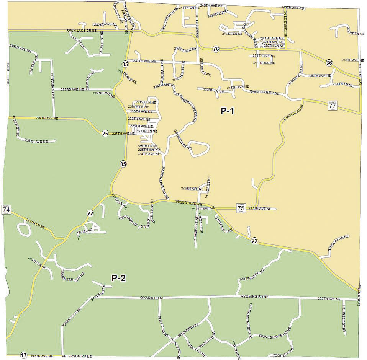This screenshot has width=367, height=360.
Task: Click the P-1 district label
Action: pos(227,111)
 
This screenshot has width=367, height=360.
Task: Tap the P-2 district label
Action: pos(118,278)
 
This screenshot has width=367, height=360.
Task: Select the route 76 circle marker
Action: pos(216,49)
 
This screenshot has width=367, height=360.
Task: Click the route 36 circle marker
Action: pos(329,62)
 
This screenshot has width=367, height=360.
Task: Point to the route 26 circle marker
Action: pos(105,133)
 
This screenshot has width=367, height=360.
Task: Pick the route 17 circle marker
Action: pos(23,355)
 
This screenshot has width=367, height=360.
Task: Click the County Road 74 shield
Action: pos(6,209)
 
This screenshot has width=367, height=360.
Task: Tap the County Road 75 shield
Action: pos(241,209)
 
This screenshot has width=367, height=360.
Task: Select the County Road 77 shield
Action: pos(332,105)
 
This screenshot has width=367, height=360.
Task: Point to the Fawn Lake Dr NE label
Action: pos(79,30)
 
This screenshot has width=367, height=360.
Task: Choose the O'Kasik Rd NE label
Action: pos(152,297)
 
